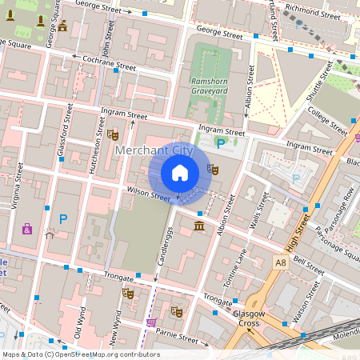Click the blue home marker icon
[180, 173]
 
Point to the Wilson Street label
[148, 194]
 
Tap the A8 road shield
[279, 262]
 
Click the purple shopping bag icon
[27, 230]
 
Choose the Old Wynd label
[78, 321]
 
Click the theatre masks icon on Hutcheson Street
[111, 134]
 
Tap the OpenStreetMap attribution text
[80, 354]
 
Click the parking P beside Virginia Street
[63, 218]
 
